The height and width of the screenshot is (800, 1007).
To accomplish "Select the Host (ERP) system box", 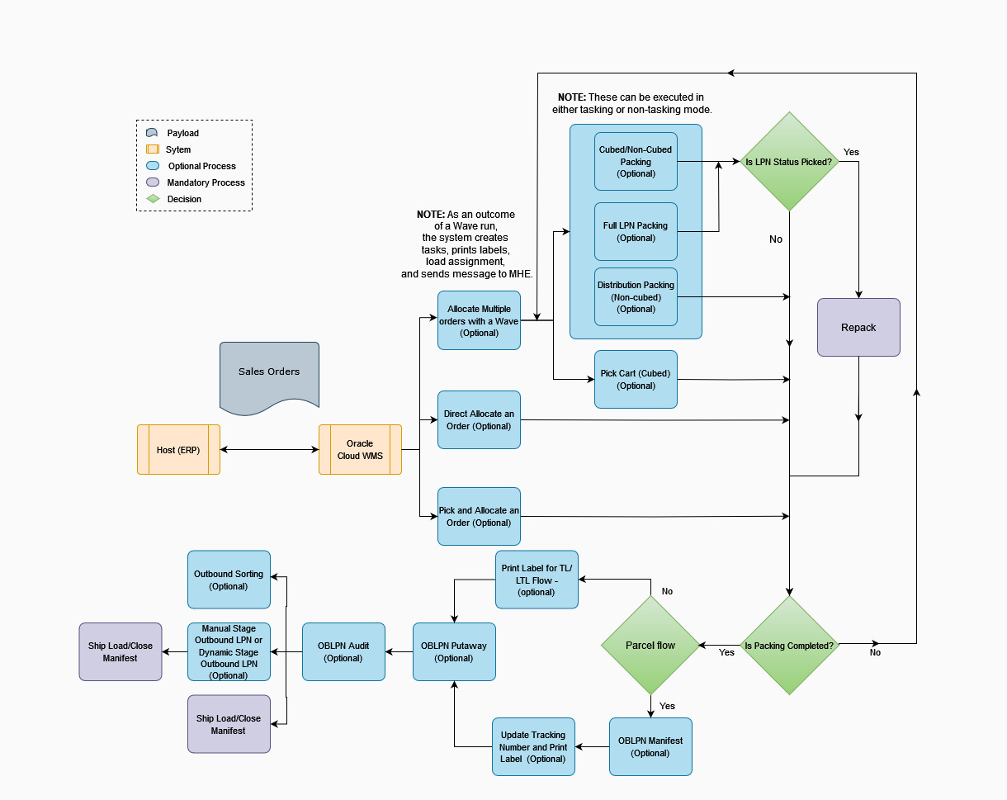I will (x=178, y=450).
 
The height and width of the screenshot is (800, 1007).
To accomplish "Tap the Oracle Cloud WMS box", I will (x=360, y=450).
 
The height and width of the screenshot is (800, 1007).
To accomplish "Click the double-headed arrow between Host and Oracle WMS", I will (x=269, y=450).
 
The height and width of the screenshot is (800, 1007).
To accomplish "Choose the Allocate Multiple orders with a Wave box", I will (x=479, y=320).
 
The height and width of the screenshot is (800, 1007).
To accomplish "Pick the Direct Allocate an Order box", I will (x=479, y=420).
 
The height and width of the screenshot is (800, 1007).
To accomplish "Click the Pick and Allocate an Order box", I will (x=479, y=516).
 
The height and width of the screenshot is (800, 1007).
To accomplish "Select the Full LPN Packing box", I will (x=636, y=232).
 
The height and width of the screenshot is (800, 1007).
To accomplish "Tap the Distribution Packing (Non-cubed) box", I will (x=636, y=297).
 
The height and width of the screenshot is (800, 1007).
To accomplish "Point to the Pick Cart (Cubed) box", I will (x=636, y=379).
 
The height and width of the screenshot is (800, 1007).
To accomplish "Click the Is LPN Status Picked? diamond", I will (x=789, y=162).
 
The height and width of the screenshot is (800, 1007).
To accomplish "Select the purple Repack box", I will (x=858, y=328).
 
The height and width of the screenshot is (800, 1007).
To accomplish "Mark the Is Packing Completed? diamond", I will (x=789, y=646).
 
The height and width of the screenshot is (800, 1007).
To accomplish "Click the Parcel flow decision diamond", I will (x=650, y=646).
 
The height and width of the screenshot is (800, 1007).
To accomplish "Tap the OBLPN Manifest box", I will (x=650, y=746).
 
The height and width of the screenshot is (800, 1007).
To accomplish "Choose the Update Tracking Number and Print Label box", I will (x=533, y=746).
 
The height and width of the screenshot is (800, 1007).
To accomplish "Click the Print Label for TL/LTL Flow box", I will (x=537, y=580).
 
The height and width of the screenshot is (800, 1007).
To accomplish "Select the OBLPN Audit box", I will (x=343, y=651).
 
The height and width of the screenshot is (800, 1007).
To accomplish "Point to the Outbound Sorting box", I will (x=229, y=580).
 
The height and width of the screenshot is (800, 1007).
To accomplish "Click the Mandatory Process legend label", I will (x=206, y=182).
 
